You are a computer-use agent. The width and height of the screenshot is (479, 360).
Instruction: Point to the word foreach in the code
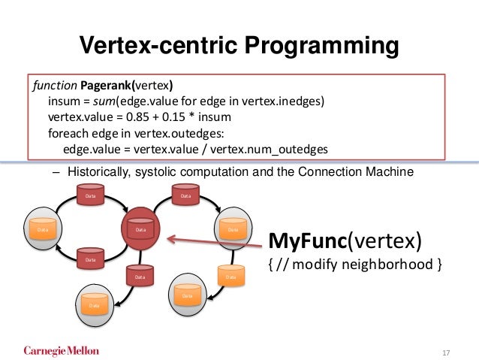(66, 133)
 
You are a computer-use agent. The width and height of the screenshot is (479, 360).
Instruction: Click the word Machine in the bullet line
(390, 173)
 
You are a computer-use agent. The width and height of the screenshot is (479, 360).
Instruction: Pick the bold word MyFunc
(306, 243)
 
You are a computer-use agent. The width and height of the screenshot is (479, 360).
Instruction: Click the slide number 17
(446, 352)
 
